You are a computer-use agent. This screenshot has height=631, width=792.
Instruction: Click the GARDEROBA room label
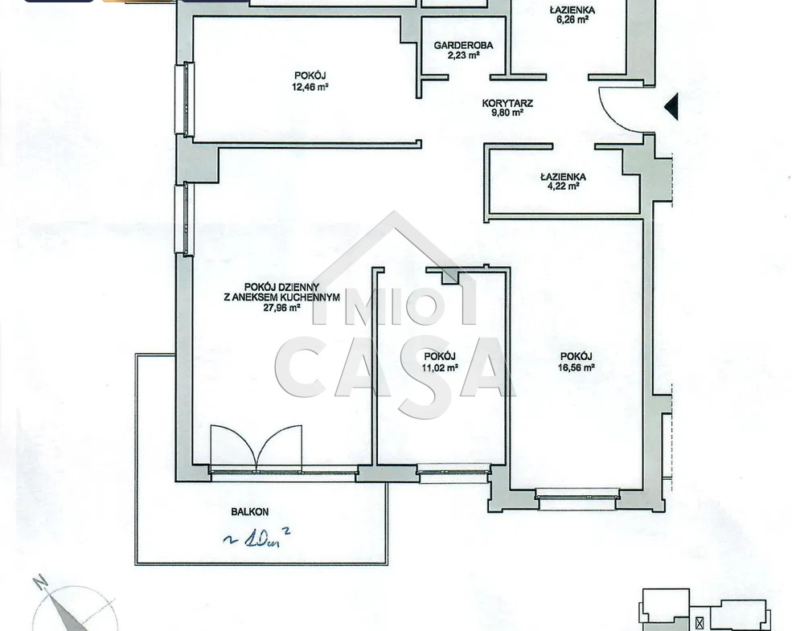point(463,46)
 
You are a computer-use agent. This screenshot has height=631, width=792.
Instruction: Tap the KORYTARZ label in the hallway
point(507,103)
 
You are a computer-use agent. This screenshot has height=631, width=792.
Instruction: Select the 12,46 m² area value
point(310,87)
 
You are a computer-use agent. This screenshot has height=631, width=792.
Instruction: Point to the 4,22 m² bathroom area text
point(563,186)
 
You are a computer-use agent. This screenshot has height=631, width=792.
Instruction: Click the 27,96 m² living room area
point(282,307)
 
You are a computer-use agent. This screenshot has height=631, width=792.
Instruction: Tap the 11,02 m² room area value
point(440,367)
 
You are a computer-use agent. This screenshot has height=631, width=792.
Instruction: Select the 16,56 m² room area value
point(576,367)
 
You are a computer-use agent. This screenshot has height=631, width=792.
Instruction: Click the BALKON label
point(249,512)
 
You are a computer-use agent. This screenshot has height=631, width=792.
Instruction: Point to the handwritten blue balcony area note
point(256,539)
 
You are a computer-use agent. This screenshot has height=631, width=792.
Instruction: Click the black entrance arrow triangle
point(671,107)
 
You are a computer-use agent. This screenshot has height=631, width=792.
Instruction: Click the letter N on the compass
point(40,582)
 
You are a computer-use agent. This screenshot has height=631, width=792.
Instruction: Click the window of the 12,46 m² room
point(185,100)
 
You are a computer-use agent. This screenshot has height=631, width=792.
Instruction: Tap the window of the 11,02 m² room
point(453,472)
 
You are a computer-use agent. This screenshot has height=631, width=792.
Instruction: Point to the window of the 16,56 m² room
point(577,498)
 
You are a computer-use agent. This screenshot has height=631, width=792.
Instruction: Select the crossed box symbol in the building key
point(700,623)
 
